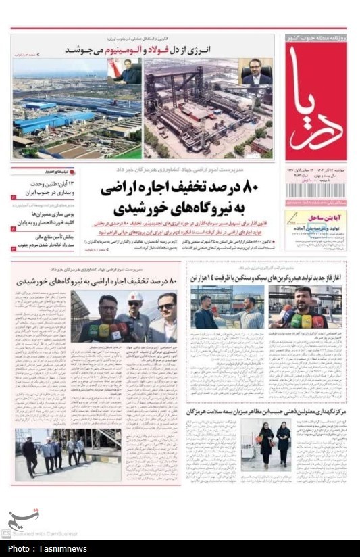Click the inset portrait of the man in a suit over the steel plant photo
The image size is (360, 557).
pyautogui.click(x=257, y=72)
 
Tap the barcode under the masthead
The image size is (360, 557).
pyautogui.click(x=315, y=190)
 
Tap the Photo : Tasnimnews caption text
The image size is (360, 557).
pyautogui.click(x=46, y=548)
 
